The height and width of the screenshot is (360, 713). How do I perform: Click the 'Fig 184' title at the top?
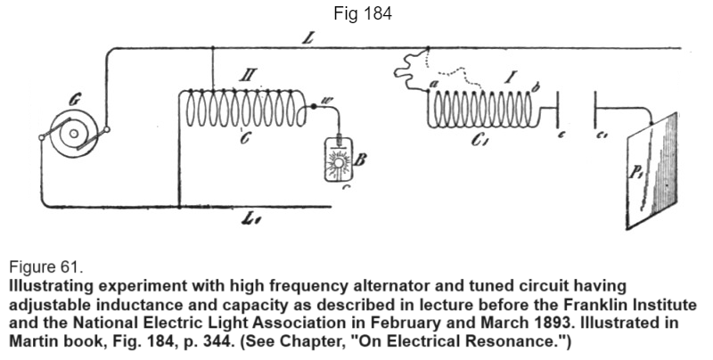[x=363, y=13]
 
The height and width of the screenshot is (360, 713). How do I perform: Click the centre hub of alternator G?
[x=74, y=134]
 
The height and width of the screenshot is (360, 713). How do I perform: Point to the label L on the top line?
[x=308, y=38]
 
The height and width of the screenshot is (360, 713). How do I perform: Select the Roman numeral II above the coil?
[x=249, y=75]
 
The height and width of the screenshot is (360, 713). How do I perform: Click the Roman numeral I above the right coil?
[x=509, y=78]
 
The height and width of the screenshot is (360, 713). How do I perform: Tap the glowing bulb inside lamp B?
[x=339, y=162]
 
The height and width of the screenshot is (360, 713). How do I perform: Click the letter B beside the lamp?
[x=360, y=160]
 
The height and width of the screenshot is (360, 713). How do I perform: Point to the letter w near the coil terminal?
[x=326, y=102]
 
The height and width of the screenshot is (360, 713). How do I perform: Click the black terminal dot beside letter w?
[x=314, y=106]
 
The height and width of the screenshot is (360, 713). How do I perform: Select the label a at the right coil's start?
[x=433, y=84]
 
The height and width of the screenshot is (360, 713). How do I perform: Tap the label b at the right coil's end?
[x=536, y=86]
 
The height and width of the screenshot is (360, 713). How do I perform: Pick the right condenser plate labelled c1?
[x=595, y=109]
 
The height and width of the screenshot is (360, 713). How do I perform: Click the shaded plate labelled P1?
[x=652, y=170]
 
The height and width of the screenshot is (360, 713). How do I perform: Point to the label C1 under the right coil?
[x=479, y=140]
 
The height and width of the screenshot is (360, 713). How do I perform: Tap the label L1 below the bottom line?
[x=252, y=220]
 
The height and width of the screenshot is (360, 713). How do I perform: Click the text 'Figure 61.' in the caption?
[x=46, y=267]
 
